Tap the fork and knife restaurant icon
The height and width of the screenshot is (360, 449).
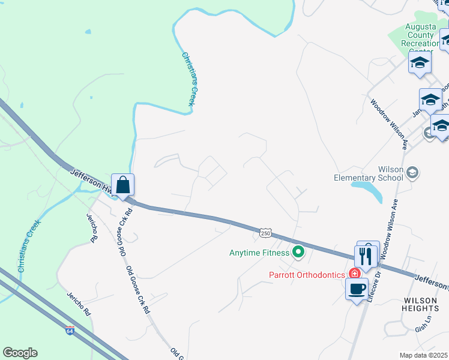pyautogui.click(x=366, y=256)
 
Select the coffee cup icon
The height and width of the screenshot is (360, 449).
pyautogui.click(x=357, y=289)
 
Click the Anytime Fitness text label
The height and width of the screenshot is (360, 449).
pyautogui.click(x=259, y=253)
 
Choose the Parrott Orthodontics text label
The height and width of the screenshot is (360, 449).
pyautogui.click(x=306, y=274)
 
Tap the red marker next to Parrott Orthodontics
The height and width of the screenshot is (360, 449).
pyautogui.click(x=354, y=274)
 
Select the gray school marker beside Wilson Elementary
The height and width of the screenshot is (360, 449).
pyautogui.click(x=412, y=173)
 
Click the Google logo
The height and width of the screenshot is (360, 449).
pyautogui.click(x=20, y=353)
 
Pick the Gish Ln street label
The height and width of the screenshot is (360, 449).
pyautogui.click(x=423, y=328)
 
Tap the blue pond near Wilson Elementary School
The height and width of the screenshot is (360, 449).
pyautogui.click(x=367, y=190)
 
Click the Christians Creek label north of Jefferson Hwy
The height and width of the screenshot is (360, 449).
pyautogui.click(x=188, y=79)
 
